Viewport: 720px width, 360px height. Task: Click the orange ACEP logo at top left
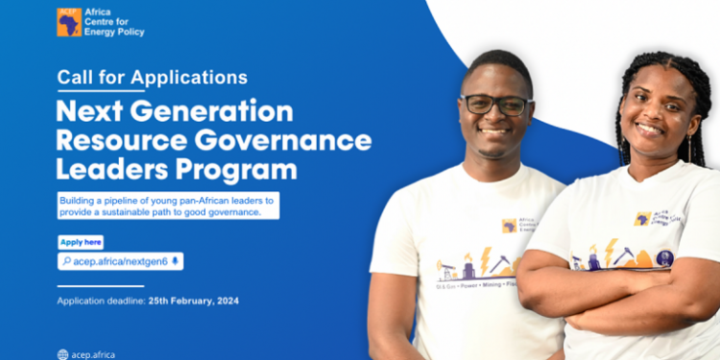(x=68, y=21)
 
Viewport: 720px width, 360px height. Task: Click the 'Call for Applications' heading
(x=152, y=77)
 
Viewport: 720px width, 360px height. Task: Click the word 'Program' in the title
(x=242, y=170)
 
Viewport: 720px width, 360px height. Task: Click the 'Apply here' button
(x=80, y=242)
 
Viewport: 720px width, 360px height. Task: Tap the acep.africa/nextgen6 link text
(x=121, y=260)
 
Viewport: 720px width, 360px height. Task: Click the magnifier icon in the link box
(x=65, y=260)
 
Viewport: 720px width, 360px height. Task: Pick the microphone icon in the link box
(x=176, y=260)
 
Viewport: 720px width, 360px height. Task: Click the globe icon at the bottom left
(x=62, y=353)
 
